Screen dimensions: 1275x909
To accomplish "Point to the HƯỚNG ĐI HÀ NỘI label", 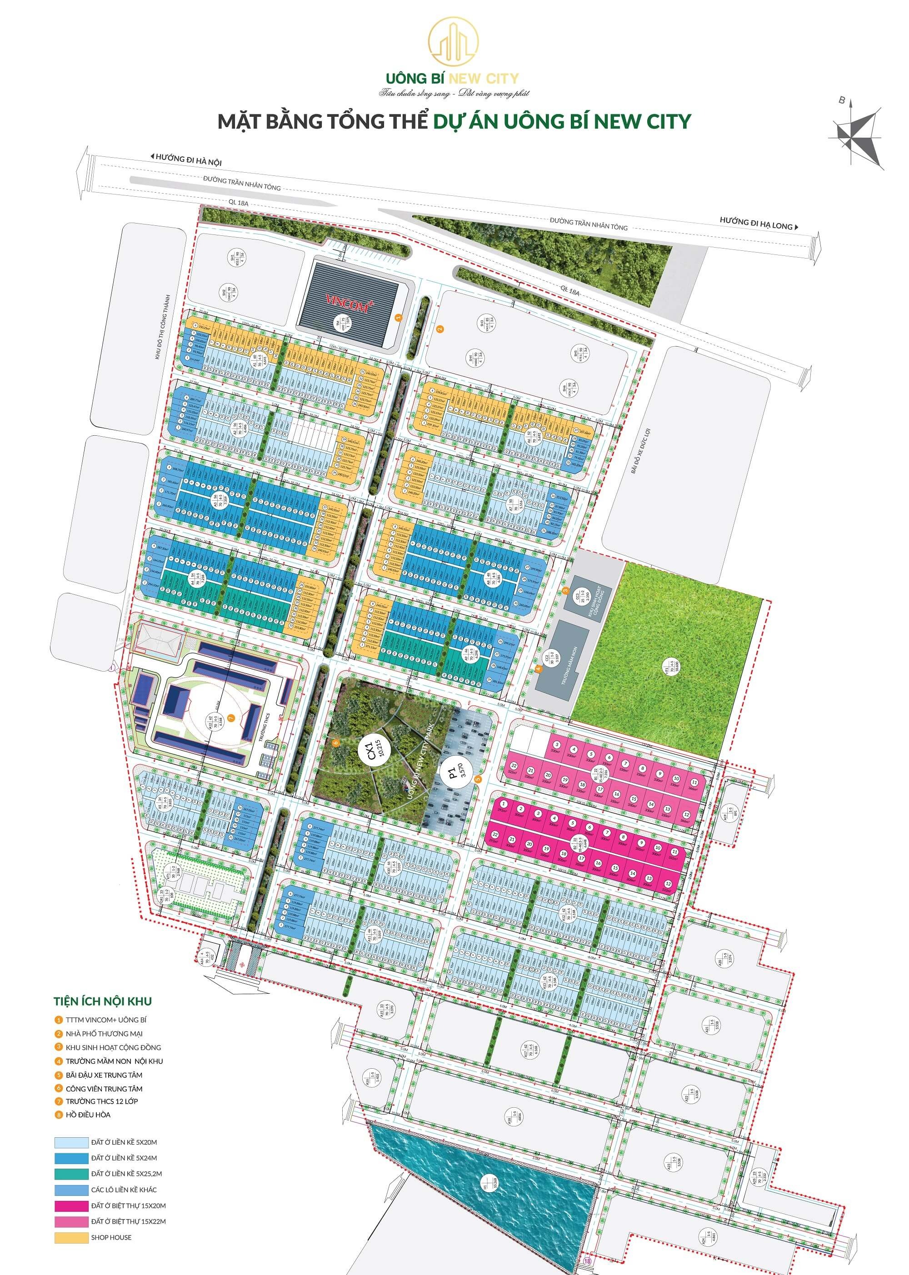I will [187, 159].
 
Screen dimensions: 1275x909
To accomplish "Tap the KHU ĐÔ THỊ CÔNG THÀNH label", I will [164, 327].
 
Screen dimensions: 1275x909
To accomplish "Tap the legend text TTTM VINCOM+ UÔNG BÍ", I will [106, 1020].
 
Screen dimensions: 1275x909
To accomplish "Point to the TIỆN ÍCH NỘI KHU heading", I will [102, 1001].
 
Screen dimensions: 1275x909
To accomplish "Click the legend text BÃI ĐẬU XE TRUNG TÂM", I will [104, 1075].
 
